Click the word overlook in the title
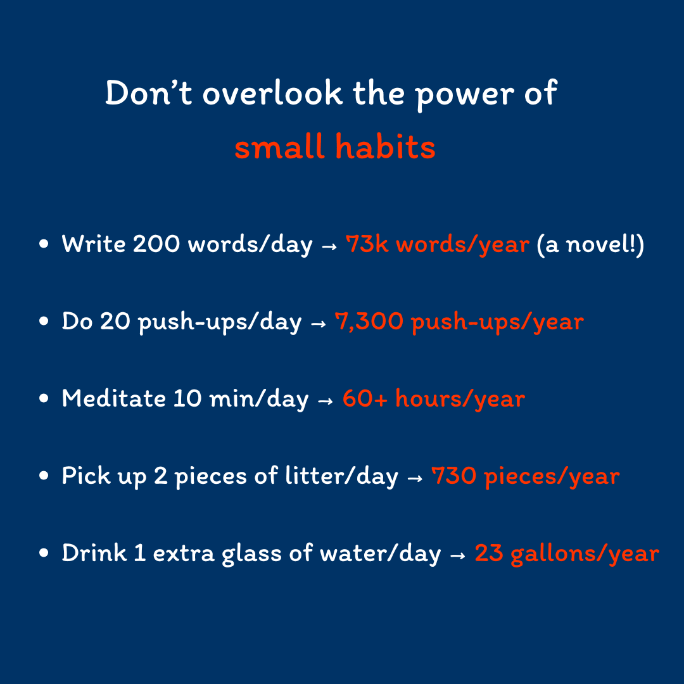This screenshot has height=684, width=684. [x=272, y=93]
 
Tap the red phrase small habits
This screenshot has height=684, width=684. [x=335, y=146]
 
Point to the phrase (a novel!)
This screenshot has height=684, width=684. [x=590, y=244]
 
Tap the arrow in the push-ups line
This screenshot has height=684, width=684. [x=318, y=324]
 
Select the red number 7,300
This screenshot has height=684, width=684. [x=369, y=322]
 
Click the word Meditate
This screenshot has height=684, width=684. [x=113, y=398]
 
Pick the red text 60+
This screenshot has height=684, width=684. [x=365, y=398]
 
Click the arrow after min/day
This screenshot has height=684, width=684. [x=326, y=401]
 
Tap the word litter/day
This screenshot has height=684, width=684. [x=341, y=476]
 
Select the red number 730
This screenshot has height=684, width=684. [x=453, y=476]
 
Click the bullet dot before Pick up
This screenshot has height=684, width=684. [x=44, y=476]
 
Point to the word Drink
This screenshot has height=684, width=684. [x=94, y=553]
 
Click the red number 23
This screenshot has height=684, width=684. [x=488, y=553]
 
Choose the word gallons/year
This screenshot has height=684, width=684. [x=585, y=554]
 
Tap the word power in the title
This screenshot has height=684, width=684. [x=464, y=94]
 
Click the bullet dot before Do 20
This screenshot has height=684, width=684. [x=44, y=321]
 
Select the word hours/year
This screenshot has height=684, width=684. [x=460, y=399]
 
